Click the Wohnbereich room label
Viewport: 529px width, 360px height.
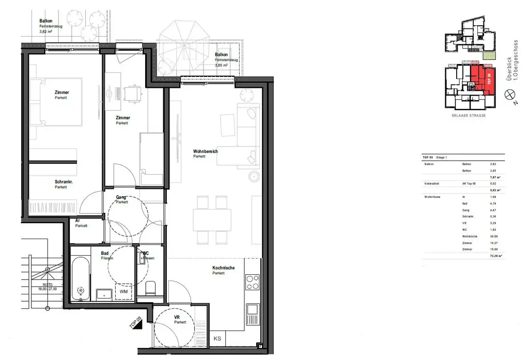pyautogui.click(x=205, y=151)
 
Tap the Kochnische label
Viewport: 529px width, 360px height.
pyautogui.click(x=223, y=268)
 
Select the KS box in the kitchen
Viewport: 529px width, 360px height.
pyautogui.click(x=218, y=339)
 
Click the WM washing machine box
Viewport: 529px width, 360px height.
pyautogui.click(x=123, y=292)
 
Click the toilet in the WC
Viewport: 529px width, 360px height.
pyautogui.click(x=150, y=288)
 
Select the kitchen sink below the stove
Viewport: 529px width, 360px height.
pyautogui.click(x=252, y=309)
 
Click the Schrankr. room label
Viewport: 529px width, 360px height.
pyautogui.click(x=64, y=182)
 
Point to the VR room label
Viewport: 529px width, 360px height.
pyautogui.click(x=177, y=317)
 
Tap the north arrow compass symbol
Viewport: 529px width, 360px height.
pyautogui.click(x=509, y=93)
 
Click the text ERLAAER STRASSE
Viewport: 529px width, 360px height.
pyautogui.click(x=469, y=115)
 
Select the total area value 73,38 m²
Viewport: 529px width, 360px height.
pyautogui.click(x=496, y=255)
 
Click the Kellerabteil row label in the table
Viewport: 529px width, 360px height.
pyautogui.click(x=432, y=183)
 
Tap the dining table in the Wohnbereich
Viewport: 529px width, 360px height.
pyautogui.click(x=212, y=220)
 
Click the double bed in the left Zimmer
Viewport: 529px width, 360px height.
pyautogui.click(x=55, y=102)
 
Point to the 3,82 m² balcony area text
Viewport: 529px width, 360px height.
pyautogui.click(x=46, y=32)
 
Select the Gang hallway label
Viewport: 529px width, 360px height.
pyautogui.click(x=122, y=197)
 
